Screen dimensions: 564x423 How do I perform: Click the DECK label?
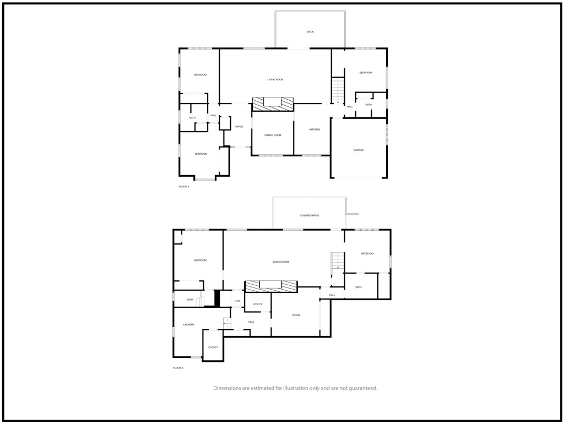pyautogui.click(x=311, y=31)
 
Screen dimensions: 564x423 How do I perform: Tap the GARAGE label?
pyautogui.click(x=359, y=150)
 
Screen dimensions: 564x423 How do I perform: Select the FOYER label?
pyautogui.click(x=238, y=127)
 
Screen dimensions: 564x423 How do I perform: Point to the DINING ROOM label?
pyautogui.click(x=273, y=135)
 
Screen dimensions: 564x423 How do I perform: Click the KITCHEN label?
pyautogui.click(x=314, y=129)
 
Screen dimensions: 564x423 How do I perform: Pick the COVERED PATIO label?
pyautogui.click(x=310, y=215)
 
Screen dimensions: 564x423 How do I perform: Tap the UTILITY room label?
pyautogui.click(x=258, y=304)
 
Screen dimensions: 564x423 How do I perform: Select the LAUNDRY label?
pyautogui.click(x=189, y=325)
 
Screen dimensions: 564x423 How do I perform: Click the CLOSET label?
pyautogui.click(x=213, y=348)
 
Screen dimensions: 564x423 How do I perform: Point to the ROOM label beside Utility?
pyautogui.click(x=296, y=315)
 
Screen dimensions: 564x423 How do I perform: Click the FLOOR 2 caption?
pyautogui.click(x=184, y=187)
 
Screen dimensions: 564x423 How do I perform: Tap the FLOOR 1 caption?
pyautogui.click(x=178, y=368)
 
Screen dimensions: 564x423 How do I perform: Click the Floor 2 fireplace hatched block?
pyautogui.click(x=273, y=104)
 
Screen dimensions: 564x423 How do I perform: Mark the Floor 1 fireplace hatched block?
pyautogui.click(x=271, y=286)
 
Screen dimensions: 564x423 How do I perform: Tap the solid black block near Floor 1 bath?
pyautogui.click(x=217, y=298)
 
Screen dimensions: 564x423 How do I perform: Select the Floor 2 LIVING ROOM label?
pyautogui.click(x=275, y=79)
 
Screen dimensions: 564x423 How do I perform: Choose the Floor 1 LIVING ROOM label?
pyautogui.click(x=281, y=262)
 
